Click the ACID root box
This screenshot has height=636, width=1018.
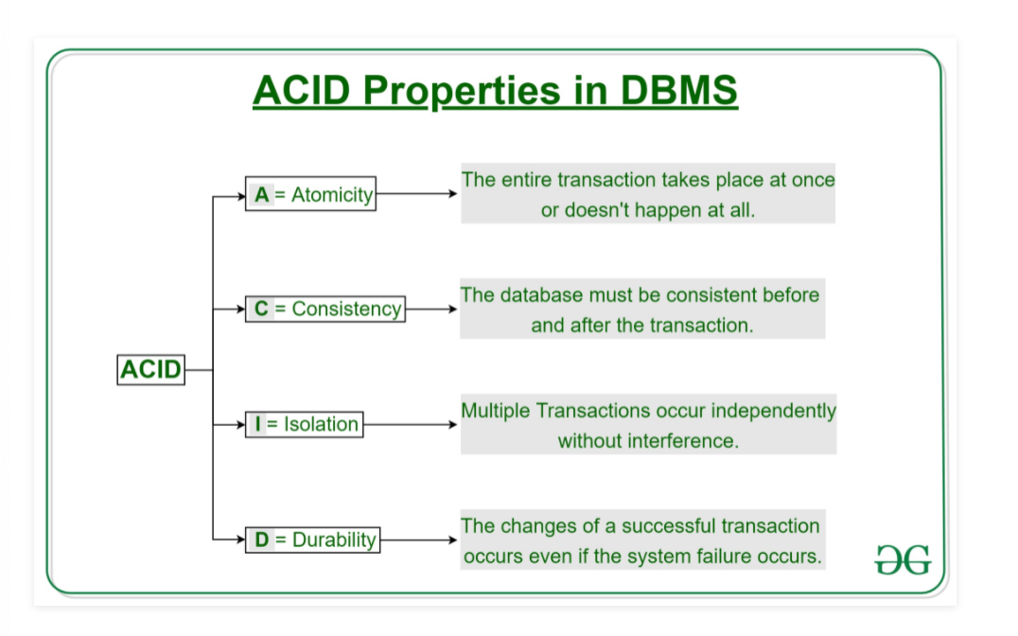(x=150, y=370)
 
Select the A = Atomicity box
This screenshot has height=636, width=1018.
(x=310, y=194)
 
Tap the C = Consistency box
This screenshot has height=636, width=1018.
(x=325, y=309)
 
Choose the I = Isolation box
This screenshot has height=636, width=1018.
(x=304, y=424)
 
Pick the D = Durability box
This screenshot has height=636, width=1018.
(x=312, y=539)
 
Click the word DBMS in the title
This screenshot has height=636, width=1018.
(x=679, y=90)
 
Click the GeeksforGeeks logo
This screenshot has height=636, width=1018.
(x=904, y=560)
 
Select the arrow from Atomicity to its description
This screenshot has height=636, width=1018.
(x=417, y=194)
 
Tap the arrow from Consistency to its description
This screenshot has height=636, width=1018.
(x=431, y=309)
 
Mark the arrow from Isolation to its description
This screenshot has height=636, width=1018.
(x=411, y=424)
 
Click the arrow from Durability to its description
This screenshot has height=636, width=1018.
(x=419, y=539)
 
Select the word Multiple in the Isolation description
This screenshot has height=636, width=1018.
(x=496, y=412)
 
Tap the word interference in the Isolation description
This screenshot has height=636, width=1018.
(x=684, y=441)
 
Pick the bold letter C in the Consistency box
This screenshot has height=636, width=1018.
(x=261, y=309)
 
